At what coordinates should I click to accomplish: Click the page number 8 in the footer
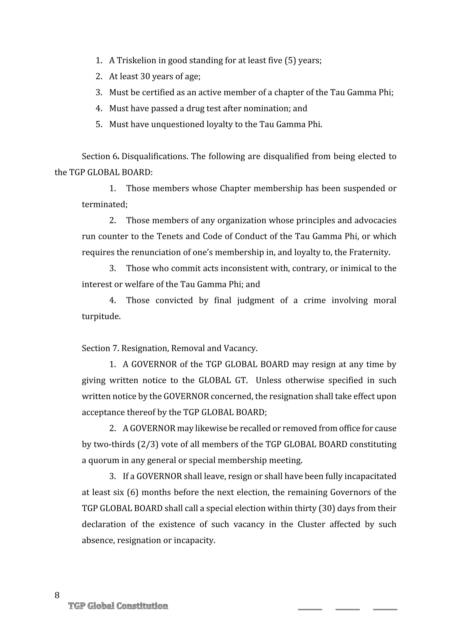tap(57, 595)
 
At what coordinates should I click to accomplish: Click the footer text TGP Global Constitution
tap(118, 606)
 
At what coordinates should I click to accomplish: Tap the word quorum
tap(104, 460)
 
